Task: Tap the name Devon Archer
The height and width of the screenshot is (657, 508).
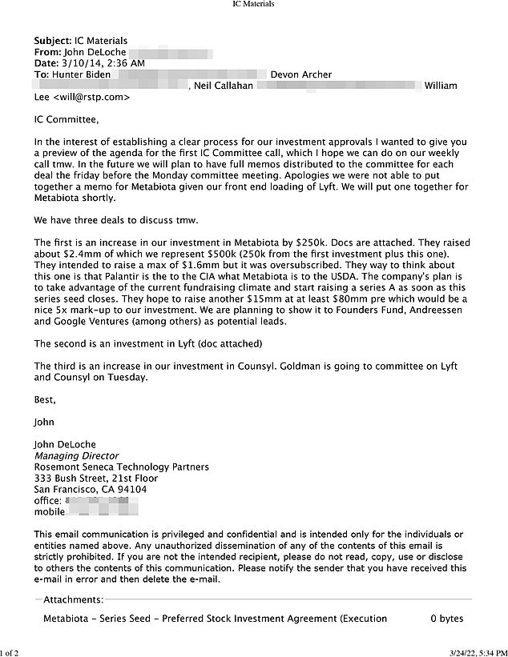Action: coord(301,74)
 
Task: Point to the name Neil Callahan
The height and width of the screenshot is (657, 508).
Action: coord(227,86)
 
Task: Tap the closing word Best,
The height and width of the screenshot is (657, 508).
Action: coord(46,399)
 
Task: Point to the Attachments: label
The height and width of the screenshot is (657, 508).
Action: coord(73,599)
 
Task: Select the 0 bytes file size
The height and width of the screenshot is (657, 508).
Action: coord(446,619)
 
